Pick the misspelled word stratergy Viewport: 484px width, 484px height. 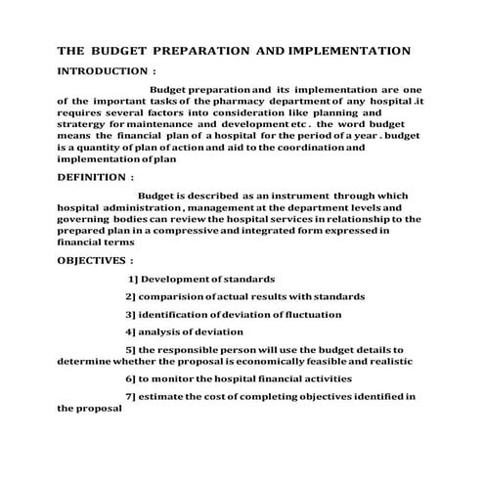tap(85, 124)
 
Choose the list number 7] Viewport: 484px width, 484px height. tap(132, 396)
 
